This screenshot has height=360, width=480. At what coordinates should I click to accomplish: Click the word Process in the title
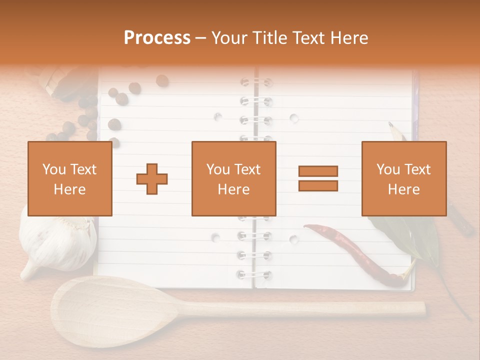[157, 38]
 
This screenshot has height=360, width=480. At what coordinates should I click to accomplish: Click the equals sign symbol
[318, 178]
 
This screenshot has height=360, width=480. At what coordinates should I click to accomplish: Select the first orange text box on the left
[69, 178]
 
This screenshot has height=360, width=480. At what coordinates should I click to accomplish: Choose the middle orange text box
[233, 178]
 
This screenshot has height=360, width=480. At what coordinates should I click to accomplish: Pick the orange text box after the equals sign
[403, 178]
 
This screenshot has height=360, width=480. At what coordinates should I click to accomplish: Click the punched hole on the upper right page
[294, 118]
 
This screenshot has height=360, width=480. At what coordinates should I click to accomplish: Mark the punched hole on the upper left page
[217, 117]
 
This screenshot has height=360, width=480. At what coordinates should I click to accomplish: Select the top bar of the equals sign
[318, 171]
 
